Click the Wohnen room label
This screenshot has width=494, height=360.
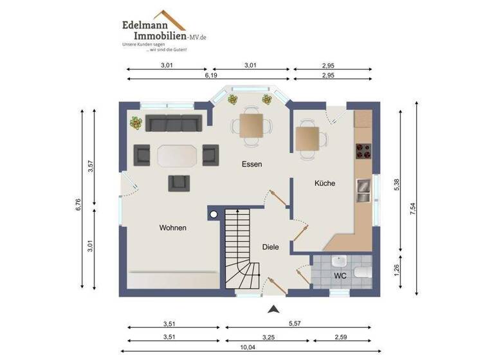(x=173, y=228)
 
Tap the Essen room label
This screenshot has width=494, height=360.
(x=252, y=165)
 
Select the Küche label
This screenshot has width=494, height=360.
(x=324, y=184)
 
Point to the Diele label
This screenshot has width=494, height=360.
(x=270, y=246)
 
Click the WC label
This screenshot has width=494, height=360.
(x=340, y=276)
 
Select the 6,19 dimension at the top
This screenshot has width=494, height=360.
(x=210, y=76)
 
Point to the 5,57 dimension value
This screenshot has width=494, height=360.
(x=295, y=324)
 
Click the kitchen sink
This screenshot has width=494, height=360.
(x=363, y=186)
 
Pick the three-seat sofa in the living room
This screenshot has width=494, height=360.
(x=174, y=123)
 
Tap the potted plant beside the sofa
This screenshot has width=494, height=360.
(x=136, y=122)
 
